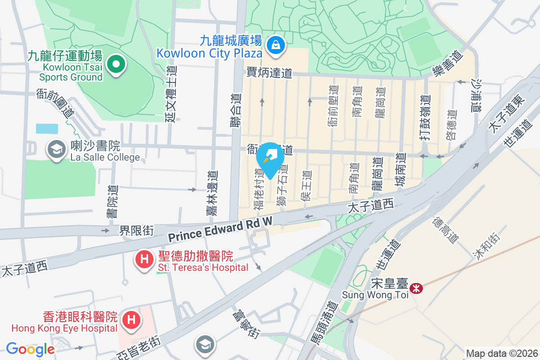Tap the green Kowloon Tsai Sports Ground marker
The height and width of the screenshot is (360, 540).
(x=116, y=64)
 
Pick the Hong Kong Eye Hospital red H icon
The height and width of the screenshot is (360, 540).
(x=131, y=321)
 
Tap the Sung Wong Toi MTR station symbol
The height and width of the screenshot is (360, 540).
(x=416, y=288)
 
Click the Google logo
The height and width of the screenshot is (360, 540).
(x=30, y=349)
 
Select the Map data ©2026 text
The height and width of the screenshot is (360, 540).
(x=501, y=353)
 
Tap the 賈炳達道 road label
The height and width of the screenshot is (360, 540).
(x=270, y=73)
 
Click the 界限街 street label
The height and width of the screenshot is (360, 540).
(x=136, y=231)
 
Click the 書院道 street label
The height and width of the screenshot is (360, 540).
(x=111, y=202)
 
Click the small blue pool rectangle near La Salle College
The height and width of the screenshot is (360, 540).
(x=47, y=129)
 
